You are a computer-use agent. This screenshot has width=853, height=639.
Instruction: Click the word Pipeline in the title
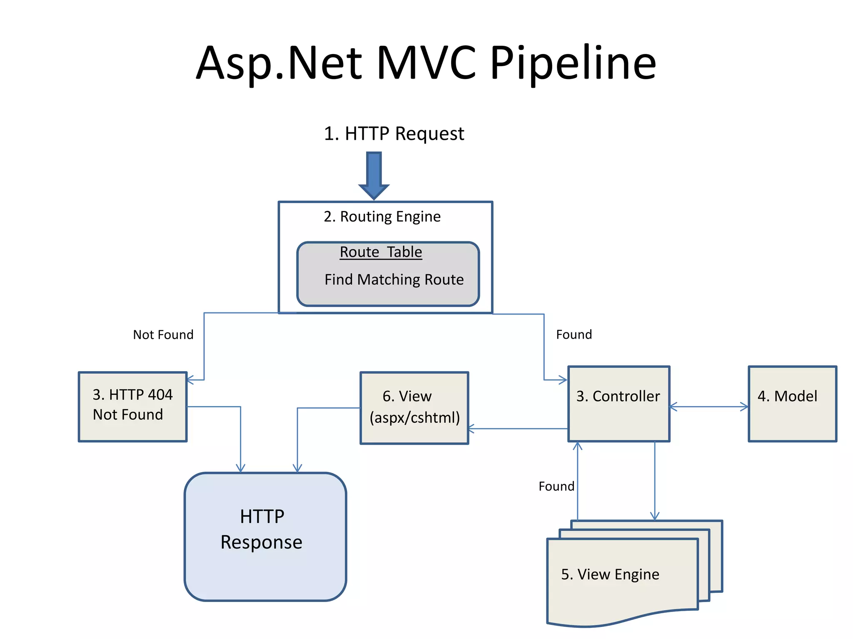(573, 63)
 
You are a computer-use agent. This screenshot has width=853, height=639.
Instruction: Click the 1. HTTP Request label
(394, 134)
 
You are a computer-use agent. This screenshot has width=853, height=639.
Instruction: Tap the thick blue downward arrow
(374, 175)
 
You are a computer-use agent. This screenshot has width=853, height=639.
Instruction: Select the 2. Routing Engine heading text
(382, 217)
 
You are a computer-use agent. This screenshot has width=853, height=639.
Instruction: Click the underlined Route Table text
(381, 252)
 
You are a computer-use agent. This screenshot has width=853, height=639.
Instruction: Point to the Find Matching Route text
(394, 280)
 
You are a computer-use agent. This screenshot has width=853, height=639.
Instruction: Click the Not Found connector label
(163, 334)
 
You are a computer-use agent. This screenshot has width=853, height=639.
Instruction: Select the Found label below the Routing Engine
(574, 334)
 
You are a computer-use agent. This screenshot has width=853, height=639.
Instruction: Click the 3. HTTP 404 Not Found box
(132, 406)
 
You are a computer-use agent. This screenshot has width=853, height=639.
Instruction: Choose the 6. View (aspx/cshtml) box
(414, 408)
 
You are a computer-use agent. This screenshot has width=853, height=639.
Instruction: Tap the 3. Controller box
(619, 404)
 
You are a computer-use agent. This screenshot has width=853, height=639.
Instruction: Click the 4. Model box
(792, 404)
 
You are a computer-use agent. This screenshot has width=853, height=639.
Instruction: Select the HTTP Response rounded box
(265, 537)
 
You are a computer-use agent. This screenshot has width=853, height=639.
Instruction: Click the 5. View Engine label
(610, 575)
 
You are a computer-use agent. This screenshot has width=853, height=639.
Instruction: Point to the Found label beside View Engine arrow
(556, 486)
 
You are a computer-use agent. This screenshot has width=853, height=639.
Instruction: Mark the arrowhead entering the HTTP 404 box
(190, 380)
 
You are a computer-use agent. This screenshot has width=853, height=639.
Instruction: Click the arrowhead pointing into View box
(471, 428)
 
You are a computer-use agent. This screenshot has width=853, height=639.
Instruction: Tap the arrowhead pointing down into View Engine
(655, 516)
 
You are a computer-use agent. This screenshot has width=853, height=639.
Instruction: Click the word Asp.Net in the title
(279, 63)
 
